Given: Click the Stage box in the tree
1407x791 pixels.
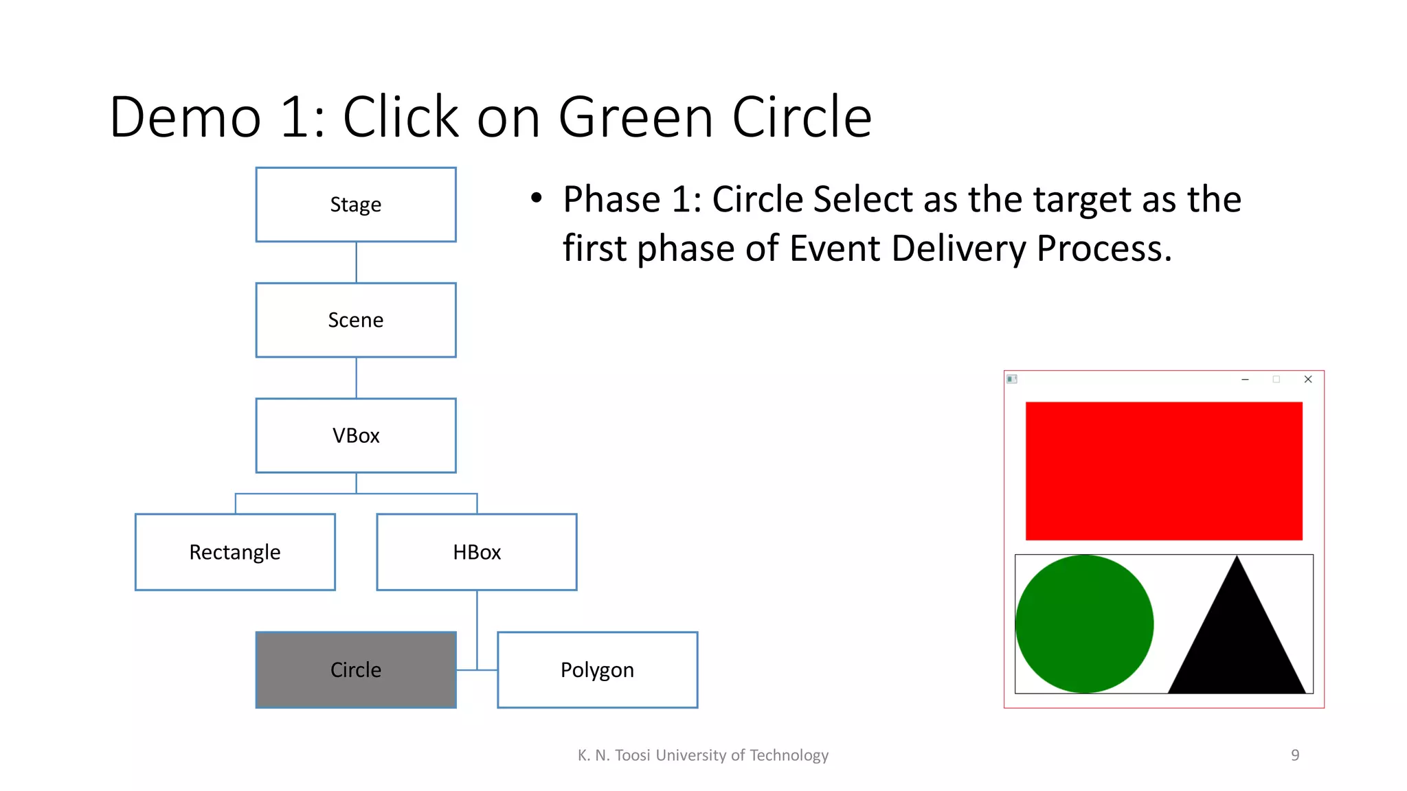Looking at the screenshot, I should pos(356,205).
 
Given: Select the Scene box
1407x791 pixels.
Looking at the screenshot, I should pos(356,320).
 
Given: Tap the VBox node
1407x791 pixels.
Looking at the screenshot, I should pos(356,435).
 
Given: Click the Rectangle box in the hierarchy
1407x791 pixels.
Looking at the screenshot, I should pos(235,552).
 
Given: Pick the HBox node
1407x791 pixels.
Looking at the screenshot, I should pos(477,552).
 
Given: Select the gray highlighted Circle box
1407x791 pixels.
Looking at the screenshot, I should pos(356,669).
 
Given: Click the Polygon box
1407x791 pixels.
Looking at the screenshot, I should pos(597,669).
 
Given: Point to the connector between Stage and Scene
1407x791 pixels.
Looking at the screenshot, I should pos(356,262).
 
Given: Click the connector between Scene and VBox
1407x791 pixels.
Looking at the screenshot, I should pos(356,378).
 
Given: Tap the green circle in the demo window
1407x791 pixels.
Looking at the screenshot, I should pos(1084,623).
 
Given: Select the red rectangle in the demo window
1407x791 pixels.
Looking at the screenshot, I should pos(1164,471).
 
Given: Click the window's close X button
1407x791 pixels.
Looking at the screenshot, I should pos(1308,379).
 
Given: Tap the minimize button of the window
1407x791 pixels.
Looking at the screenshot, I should pos(1245,379).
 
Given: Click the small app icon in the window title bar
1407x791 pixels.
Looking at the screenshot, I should pos(1012,379).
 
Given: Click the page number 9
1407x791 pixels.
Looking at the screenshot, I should pos(1295,755).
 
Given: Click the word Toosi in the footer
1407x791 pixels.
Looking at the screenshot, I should pos(632,755).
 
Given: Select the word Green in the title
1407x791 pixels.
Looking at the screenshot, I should pos(635,117).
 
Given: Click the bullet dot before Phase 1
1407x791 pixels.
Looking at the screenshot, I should pos(537,198).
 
